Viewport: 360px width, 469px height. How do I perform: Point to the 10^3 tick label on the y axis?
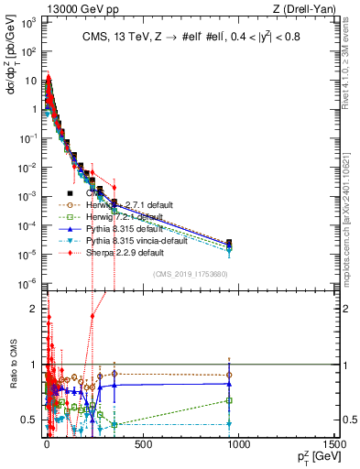(x=27, y=23)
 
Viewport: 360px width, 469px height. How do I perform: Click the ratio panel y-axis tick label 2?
(x=32, y=308)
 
